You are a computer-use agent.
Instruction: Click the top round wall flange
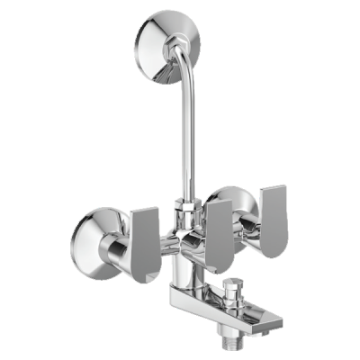pyautogui.click(x=165, y=34)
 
